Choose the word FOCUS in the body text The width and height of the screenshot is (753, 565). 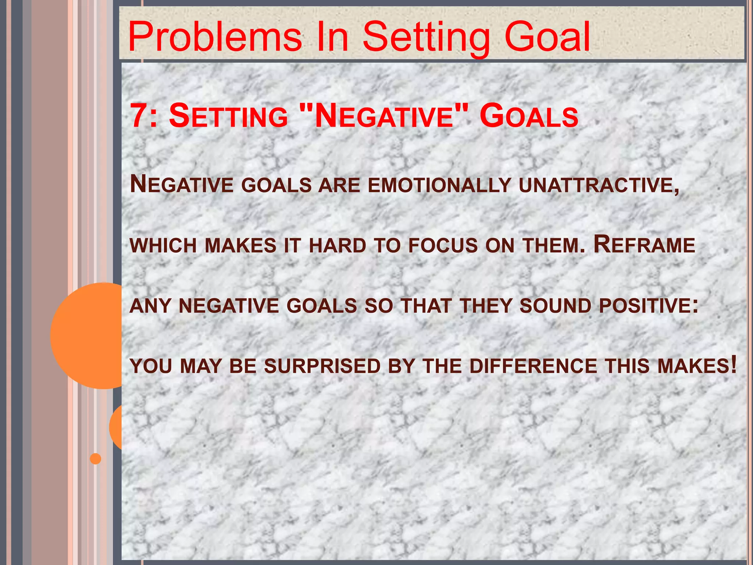(x=443, y=246)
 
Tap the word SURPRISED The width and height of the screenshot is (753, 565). (x=322, y=367)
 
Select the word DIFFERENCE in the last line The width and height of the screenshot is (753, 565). (x=533, y=367)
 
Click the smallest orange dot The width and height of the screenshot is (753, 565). (x=96, y=459)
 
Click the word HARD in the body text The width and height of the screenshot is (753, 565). (x=338, y=246)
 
